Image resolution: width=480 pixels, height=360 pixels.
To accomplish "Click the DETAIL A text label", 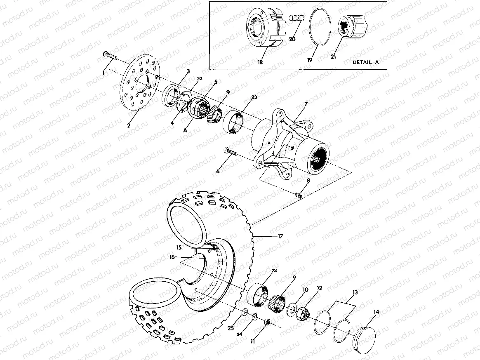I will tap(365, 62).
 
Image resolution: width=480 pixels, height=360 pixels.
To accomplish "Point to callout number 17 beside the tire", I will tap(280, 236).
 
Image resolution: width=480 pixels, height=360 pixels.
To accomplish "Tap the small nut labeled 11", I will tap(267, 321).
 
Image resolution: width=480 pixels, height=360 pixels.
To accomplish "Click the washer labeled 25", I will tap(245, 312).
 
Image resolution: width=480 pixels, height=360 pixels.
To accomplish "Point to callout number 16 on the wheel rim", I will tap(172, 256).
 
